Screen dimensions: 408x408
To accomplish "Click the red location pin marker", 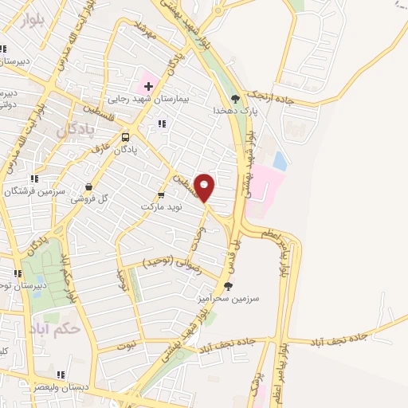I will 205,187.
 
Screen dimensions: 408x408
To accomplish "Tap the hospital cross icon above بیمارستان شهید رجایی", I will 148,84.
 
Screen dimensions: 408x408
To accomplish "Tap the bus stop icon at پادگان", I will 126,135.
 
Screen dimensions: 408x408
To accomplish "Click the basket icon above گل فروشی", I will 88,187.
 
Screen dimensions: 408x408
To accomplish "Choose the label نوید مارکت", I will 162,206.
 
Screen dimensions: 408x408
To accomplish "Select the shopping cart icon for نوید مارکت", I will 162,194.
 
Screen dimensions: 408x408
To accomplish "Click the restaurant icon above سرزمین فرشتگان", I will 33,178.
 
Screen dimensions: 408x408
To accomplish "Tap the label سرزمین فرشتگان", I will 33,191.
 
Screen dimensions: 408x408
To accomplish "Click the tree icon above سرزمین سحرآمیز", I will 229,285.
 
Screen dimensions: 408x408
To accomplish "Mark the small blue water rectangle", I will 280,161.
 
